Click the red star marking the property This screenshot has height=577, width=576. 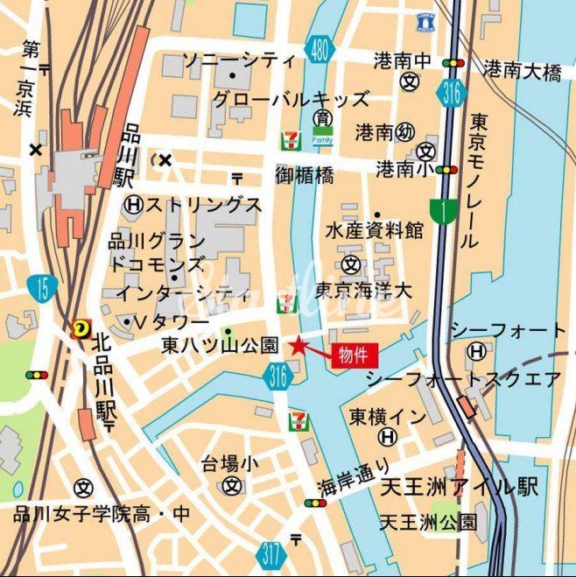(x=299, y=346)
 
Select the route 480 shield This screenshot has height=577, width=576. (x=321, y=50)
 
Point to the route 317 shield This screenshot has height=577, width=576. (x=271, y=553)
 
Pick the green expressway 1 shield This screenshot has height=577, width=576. (x=444, y=211)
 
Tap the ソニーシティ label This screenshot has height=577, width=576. (x=238, y=61)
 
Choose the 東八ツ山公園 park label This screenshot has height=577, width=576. (x=220, y=346)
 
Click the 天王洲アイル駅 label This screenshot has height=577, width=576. (x=460, y=487)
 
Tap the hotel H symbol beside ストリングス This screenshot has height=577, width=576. (x=133, y=205)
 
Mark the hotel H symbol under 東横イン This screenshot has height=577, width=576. (x=388, y=436)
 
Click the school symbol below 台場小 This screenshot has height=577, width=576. (x=232, y=484)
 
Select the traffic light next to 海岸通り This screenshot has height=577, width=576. (x=314, y=503)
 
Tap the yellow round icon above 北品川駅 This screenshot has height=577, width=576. (x=81, y=327)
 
